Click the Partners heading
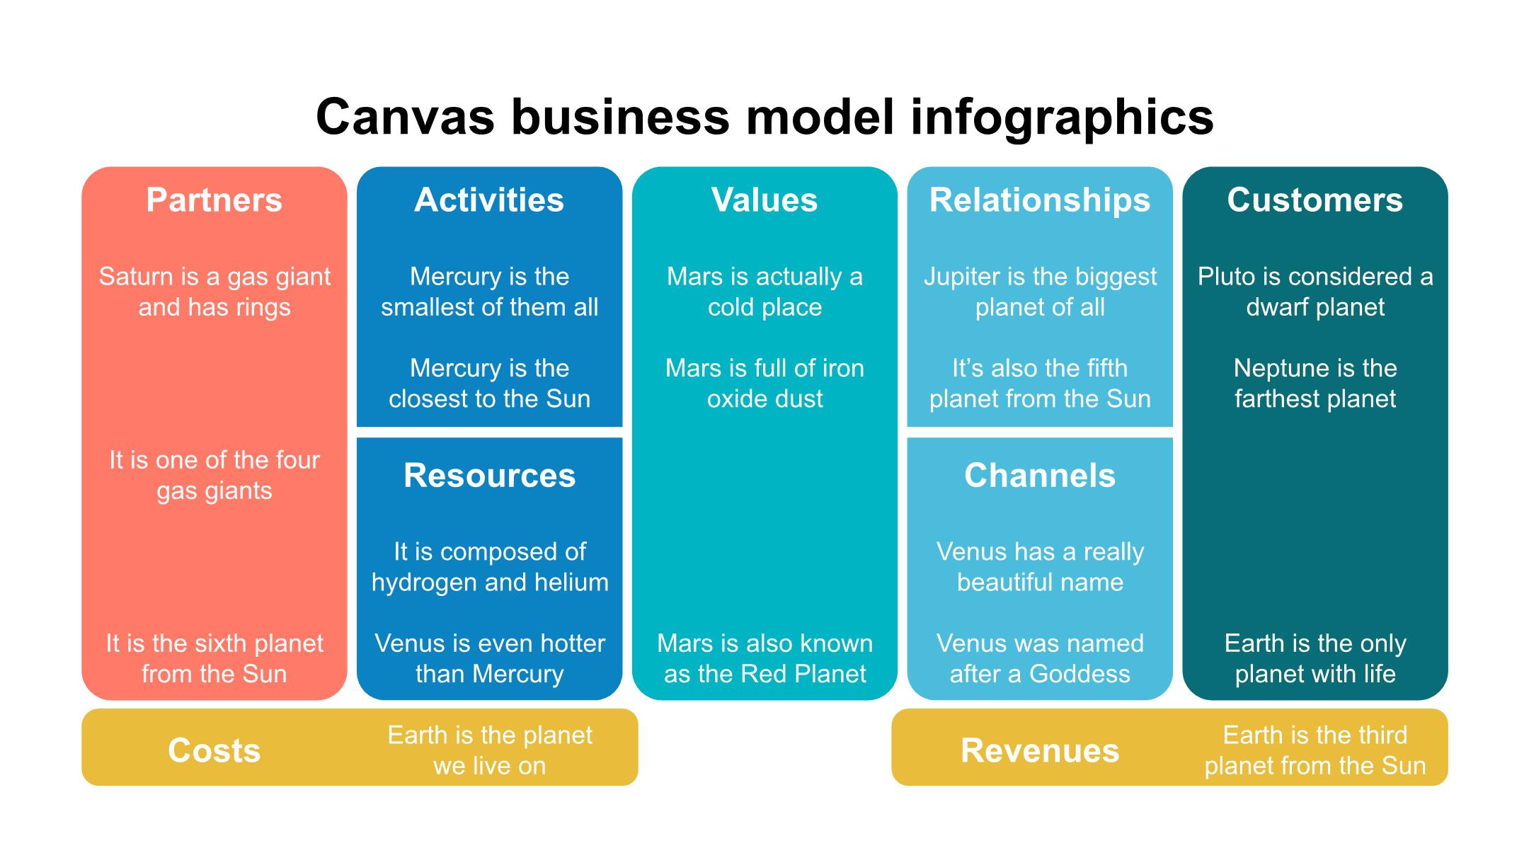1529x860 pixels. tap(214, 200)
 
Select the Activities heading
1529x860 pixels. tap(489, 200)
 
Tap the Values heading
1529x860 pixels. tap(764, 200)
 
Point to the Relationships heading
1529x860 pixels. tap(1039, 200)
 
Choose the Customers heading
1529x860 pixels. tap(1315, 200)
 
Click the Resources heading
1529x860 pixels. tap(489, 476)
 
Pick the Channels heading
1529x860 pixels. tap(1039, 476)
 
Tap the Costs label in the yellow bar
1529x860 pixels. tap(214, 750)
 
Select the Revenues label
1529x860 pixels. tap(1039, 750)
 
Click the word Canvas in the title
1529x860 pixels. tap(405, 117)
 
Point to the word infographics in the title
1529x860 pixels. tap(1062, 117)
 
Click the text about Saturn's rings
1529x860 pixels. tap(214, 292)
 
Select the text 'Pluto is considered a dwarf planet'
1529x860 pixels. tap(1315, 292)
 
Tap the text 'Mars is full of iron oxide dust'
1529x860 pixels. tap(764, 383)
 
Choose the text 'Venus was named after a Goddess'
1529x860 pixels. tap(1039, 658)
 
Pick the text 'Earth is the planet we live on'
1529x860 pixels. tap(489, 750)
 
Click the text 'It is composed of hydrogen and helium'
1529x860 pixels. tap(489, 566)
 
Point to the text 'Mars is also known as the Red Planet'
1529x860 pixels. tap(764, 658)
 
